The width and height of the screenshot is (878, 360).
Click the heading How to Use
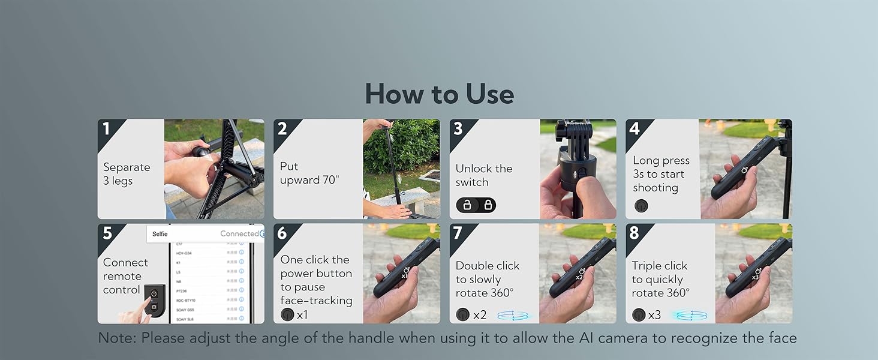(x=439, y=94)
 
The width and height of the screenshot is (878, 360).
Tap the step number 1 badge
(x=107, y=128)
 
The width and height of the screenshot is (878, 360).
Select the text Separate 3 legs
(x=127, y=174)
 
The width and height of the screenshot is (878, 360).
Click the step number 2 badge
(x=282, y=128)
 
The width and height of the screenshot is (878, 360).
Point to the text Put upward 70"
(x=309, y=173)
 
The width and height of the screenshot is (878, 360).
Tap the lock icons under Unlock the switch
(x=476, y=206)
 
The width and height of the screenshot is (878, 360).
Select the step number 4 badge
(x=635, y=128)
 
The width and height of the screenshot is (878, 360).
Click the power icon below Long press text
(x=641, y=206)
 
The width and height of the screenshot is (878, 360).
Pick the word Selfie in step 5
(x=160, y=234)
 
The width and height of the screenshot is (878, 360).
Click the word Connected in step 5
(x=239, y=233)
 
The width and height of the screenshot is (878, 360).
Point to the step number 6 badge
(x=282, y=233)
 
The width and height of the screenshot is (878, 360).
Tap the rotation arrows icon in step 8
(x=688, y=314)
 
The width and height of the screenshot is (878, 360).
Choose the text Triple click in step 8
(x=659, y=266)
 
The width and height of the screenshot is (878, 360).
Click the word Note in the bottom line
(x=117, y=338)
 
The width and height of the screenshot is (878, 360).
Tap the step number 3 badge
(x=459, y=128)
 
